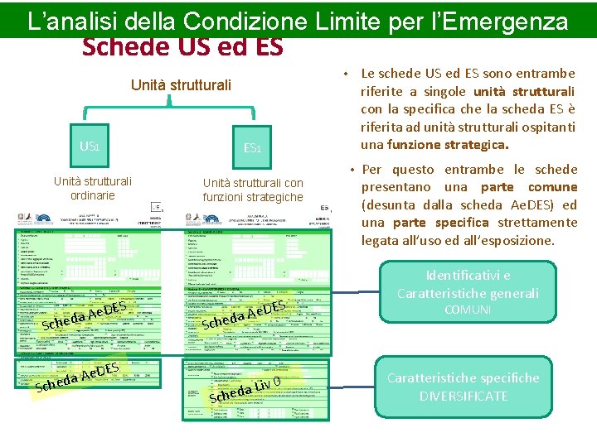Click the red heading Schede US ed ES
click(x=182, y=46)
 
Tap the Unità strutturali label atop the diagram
click(x=181, y=85)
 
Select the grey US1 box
click(x=90, y=147)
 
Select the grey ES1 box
click(x=252, y=148)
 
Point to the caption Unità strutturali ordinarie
click(x=92, y=188)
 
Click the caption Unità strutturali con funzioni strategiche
click(x=253, y=190)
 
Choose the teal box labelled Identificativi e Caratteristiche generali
click(x=468, y=284)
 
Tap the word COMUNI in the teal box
click(x=468, y=310)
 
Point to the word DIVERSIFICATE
click(x=463, y=397)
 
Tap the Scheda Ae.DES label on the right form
click(x=245, y=314)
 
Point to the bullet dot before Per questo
click(x=352, y=170)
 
